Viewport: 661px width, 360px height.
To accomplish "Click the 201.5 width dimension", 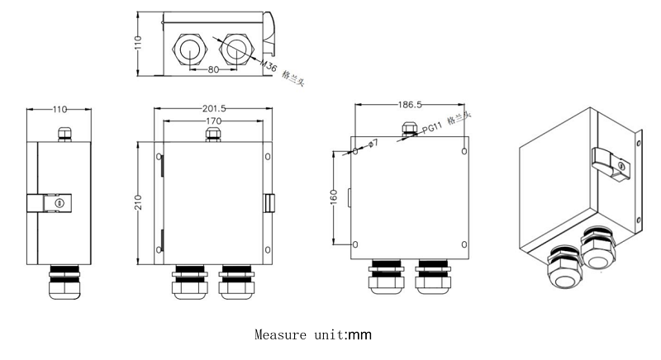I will [213, 108].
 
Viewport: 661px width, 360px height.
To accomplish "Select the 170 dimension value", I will [213, 121].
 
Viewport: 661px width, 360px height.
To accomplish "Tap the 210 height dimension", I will [140, 202].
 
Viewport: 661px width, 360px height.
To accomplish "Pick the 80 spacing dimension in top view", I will [213, 71].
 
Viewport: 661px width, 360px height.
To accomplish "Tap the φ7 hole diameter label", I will [373, 144].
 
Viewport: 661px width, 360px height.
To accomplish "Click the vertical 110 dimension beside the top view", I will [140, 42].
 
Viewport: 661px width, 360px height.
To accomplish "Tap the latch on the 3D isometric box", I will [612, 163].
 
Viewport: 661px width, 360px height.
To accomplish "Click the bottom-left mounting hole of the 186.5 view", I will [355, 244].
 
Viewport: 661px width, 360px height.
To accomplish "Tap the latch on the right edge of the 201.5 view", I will [269, 203].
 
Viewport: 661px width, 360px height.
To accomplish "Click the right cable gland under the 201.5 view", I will [236, 282].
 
